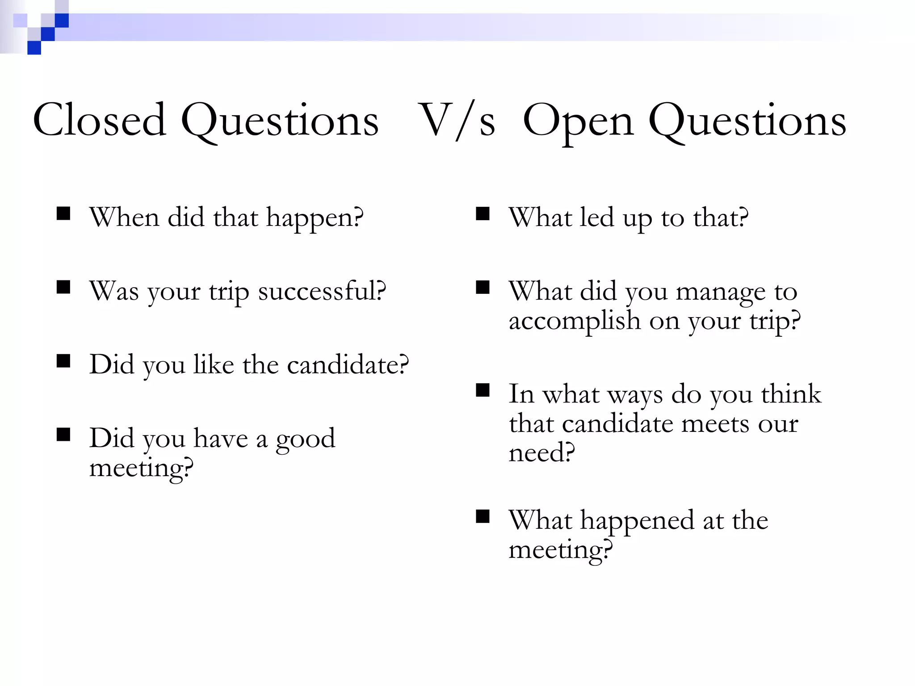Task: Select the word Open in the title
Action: click(x=578, y=121)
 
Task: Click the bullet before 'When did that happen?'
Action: click(x=63, y=213)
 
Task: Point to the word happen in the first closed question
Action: click(x=315, y=219)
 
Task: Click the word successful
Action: click(x=322, y=291)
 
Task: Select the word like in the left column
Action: click(x=214, y=364)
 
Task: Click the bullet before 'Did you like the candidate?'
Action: click(x=63, y=360)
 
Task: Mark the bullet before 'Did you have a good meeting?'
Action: click(x=63, y=434)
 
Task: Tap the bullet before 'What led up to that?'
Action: click(x=483, y=213)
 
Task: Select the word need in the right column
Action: click(x=541, y=453)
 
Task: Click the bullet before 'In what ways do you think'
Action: click(x=483, y=390)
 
